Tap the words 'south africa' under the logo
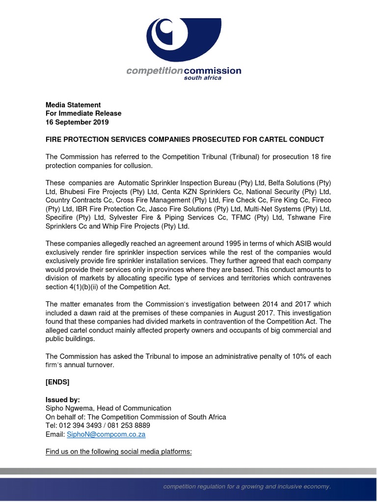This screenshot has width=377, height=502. coord(202,78)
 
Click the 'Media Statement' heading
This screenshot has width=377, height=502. coord(73,104)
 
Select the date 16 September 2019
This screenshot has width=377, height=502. coord(77,122)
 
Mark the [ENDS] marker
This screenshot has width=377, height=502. coord(57,382)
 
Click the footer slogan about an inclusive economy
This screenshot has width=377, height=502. coord(247,486)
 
